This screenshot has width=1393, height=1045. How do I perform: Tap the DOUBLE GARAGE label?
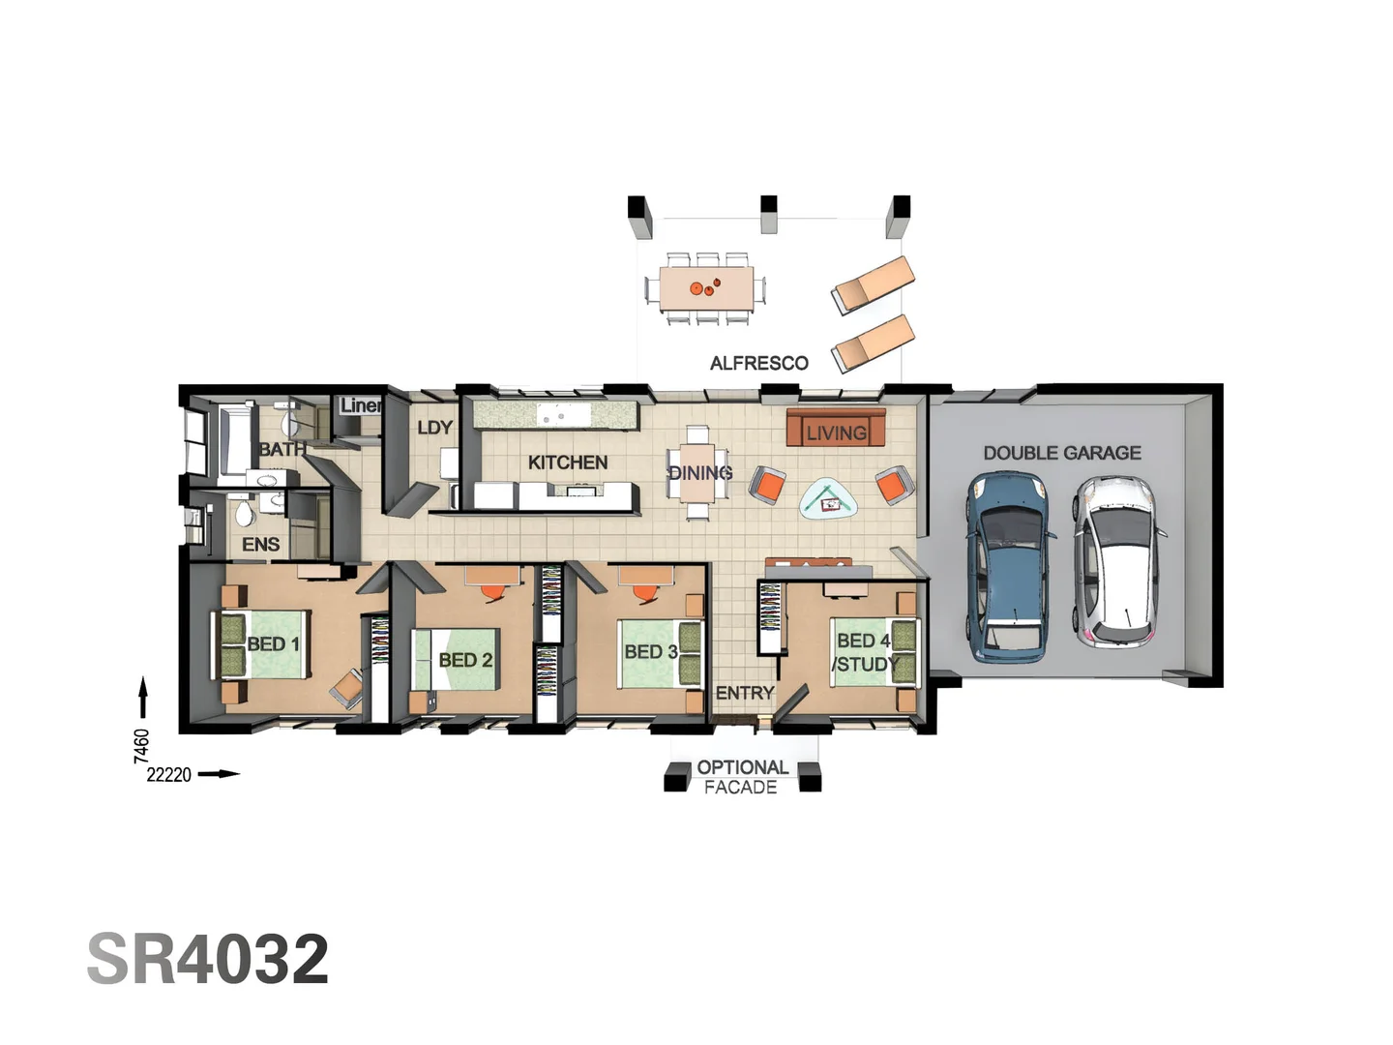(1062, 453)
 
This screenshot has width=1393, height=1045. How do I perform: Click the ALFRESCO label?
(759, 363)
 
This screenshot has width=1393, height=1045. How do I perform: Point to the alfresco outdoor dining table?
(706, 288)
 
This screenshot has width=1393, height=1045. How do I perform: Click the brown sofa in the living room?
(836, 427)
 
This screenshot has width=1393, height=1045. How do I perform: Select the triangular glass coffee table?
(828, 498)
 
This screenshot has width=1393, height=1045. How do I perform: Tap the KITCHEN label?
(567, 463)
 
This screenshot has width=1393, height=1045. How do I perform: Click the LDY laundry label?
(434, 428)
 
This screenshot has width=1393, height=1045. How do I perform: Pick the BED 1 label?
(274, 644)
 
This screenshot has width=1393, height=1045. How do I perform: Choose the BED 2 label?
(465, 660)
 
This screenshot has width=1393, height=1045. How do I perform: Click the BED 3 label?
(651, 651)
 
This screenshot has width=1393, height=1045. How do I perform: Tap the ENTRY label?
(745, 693)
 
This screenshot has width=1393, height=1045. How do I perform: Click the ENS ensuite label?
(261, 545)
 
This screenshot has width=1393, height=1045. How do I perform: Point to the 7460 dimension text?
(141, 746)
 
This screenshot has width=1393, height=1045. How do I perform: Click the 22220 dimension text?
(169, 775)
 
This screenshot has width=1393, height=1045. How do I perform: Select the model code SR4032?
(208, 958)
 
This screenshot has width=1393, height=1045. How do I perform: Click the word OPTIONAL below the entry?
(743, 767)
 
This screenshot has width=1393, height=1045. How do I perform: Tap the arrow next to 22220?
(219, 774)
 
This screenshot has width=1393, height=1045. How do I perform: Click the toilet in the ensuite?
(245, 513)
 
